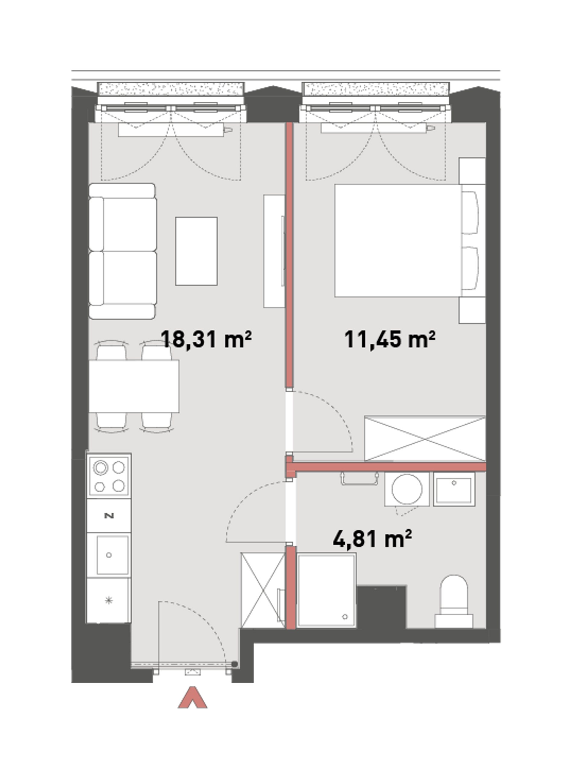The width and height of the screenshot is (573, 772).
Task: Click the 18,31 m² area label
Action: pyautogui.click(x=206, y=340)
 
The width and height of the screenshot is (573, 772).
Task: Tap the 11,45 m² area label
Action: pyautogui.click(x=390, y=340)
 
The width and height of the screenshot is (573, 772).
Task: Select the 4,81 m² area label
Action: pyautogui.click(x=372, y=539)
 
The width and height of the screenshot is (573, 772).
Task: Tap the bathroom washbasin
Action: pyautogui.click(x=454, y=489)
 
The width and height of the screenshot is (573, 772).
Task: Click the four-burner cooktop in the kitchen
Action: pyautogui.click(x=109, y=476)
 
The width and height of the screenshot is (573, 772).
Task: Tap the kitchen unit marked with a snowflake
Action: pyautogui.click(x=109, y=601)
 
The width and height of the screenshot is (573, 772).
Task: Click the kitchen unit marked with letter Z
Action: pyautogui.click(x=109, y=516)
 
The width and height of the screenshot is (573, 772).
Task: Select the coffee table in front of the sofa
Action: pyautogui.click(x=196, y=251)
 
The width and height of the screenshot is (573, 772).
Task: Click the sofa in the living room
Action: pyautogui.click(x=122, y=251)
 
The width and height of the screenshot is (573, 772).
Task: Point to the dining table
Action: pyautogui.click(x=134, y=386)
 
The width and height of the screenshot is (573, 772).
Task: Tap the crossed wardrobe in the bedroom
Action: pyautogui.click(x=425, y=439)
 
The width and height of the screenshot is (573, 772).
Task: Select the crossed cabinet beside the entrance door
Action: pyautogui.click(x=263, y=590)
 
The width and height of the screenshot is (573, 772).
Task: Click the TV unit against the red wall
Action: pyautogui.click(x=274, y=251)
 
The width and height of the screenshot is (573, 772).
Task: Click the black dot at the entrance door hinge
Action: pyautogui.click(x=234, y=664)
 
